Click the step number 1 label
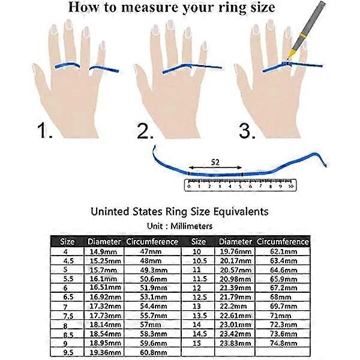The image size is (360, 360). click(45, 130)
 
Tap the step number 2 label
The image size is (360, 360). click(145, 131)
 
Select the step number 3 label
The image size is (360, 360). click(247, 131)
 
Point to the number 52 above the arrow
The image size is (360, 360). click(215, 163)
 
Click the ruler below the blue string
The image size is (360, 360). click(241, 185)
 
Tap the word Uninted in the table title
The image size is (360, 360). click(110, 211)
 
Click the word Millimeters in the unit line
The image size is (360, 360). click(191, 226)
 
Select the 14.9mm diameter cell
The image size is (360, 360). click(103, 252)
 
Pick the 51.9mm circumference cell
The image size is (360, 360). click(154, 287)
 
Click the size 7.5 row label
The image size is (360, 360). click(68, 316)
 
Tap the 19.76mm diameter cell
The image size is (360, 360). click(236, 251)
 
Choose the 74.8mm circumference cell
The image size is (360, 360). click(284, 343)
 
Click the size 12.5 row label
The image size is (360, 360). click(200, 298)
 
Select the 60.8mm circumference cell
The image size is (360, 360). click(154, 352)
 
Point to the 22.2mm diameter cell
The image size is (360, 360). click(233, 306)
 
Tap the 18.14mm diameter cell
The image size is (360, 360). click(105, 325)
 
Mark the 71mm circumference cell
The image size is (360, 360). click(281, 316)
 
